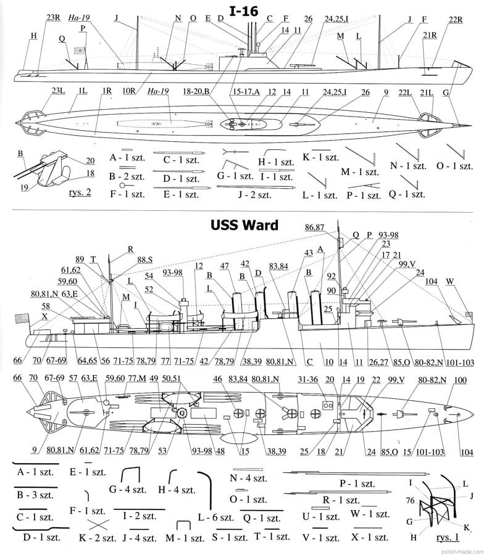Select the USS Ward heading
(243, 224)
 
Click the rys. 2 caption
(77, 192)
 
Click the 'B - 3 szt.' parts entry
(35, 495)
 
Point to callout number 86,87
(315, 227)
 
